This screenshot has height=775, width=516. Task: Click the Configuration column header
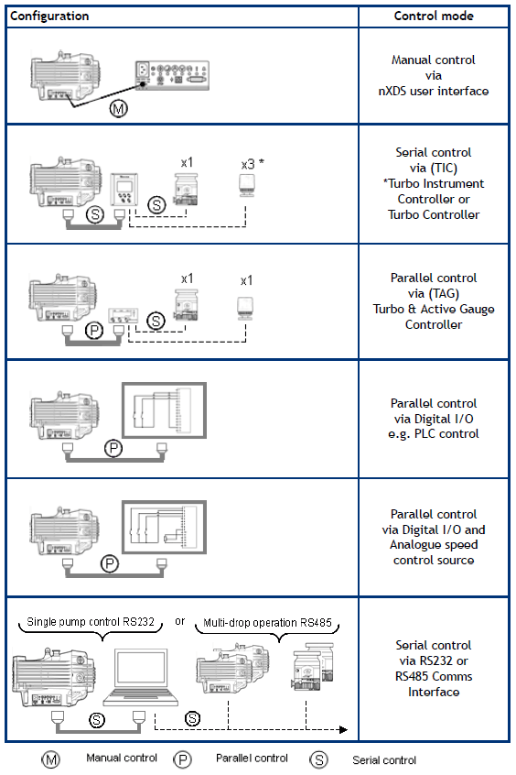coord(49,16)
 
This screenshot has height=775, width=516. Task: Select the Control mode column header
coord(434,16)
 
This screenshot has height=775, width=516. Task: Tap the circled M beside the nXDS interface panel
coord(119,108)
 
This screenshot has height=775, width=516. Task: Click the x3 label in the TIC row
coord(248,165)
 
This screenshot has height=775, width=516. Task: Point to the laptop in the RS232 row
coord(141,677)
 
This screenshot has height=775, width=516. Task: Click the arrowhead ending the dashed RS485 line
coord(344,729)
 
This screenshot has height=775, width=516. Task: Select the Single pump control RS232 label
coord(91,622)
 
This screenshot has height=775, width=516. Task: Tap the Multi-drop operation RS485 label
coord(268,623)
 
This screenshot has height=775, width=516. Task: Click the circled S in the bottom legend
coord(318,759)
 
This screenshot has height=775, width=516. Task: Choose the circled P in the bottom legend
coord(183,759)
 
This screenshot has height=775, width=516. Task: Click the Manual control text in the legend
coord(122,758)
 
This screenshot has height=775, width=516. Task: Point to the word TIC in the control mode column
coord(444,168)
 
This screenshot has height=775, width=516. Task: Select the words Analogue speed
coord(434,545)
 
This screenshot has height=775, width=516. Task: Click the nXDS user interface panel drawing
coord(172,75)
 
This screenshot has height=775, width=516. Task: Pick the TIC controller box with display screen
coord(124,189)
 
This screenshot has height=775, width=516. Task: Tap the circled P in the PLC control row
coord(113,448)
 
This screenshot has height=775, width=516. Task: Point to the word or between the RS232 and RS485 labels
coord(179,621)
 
